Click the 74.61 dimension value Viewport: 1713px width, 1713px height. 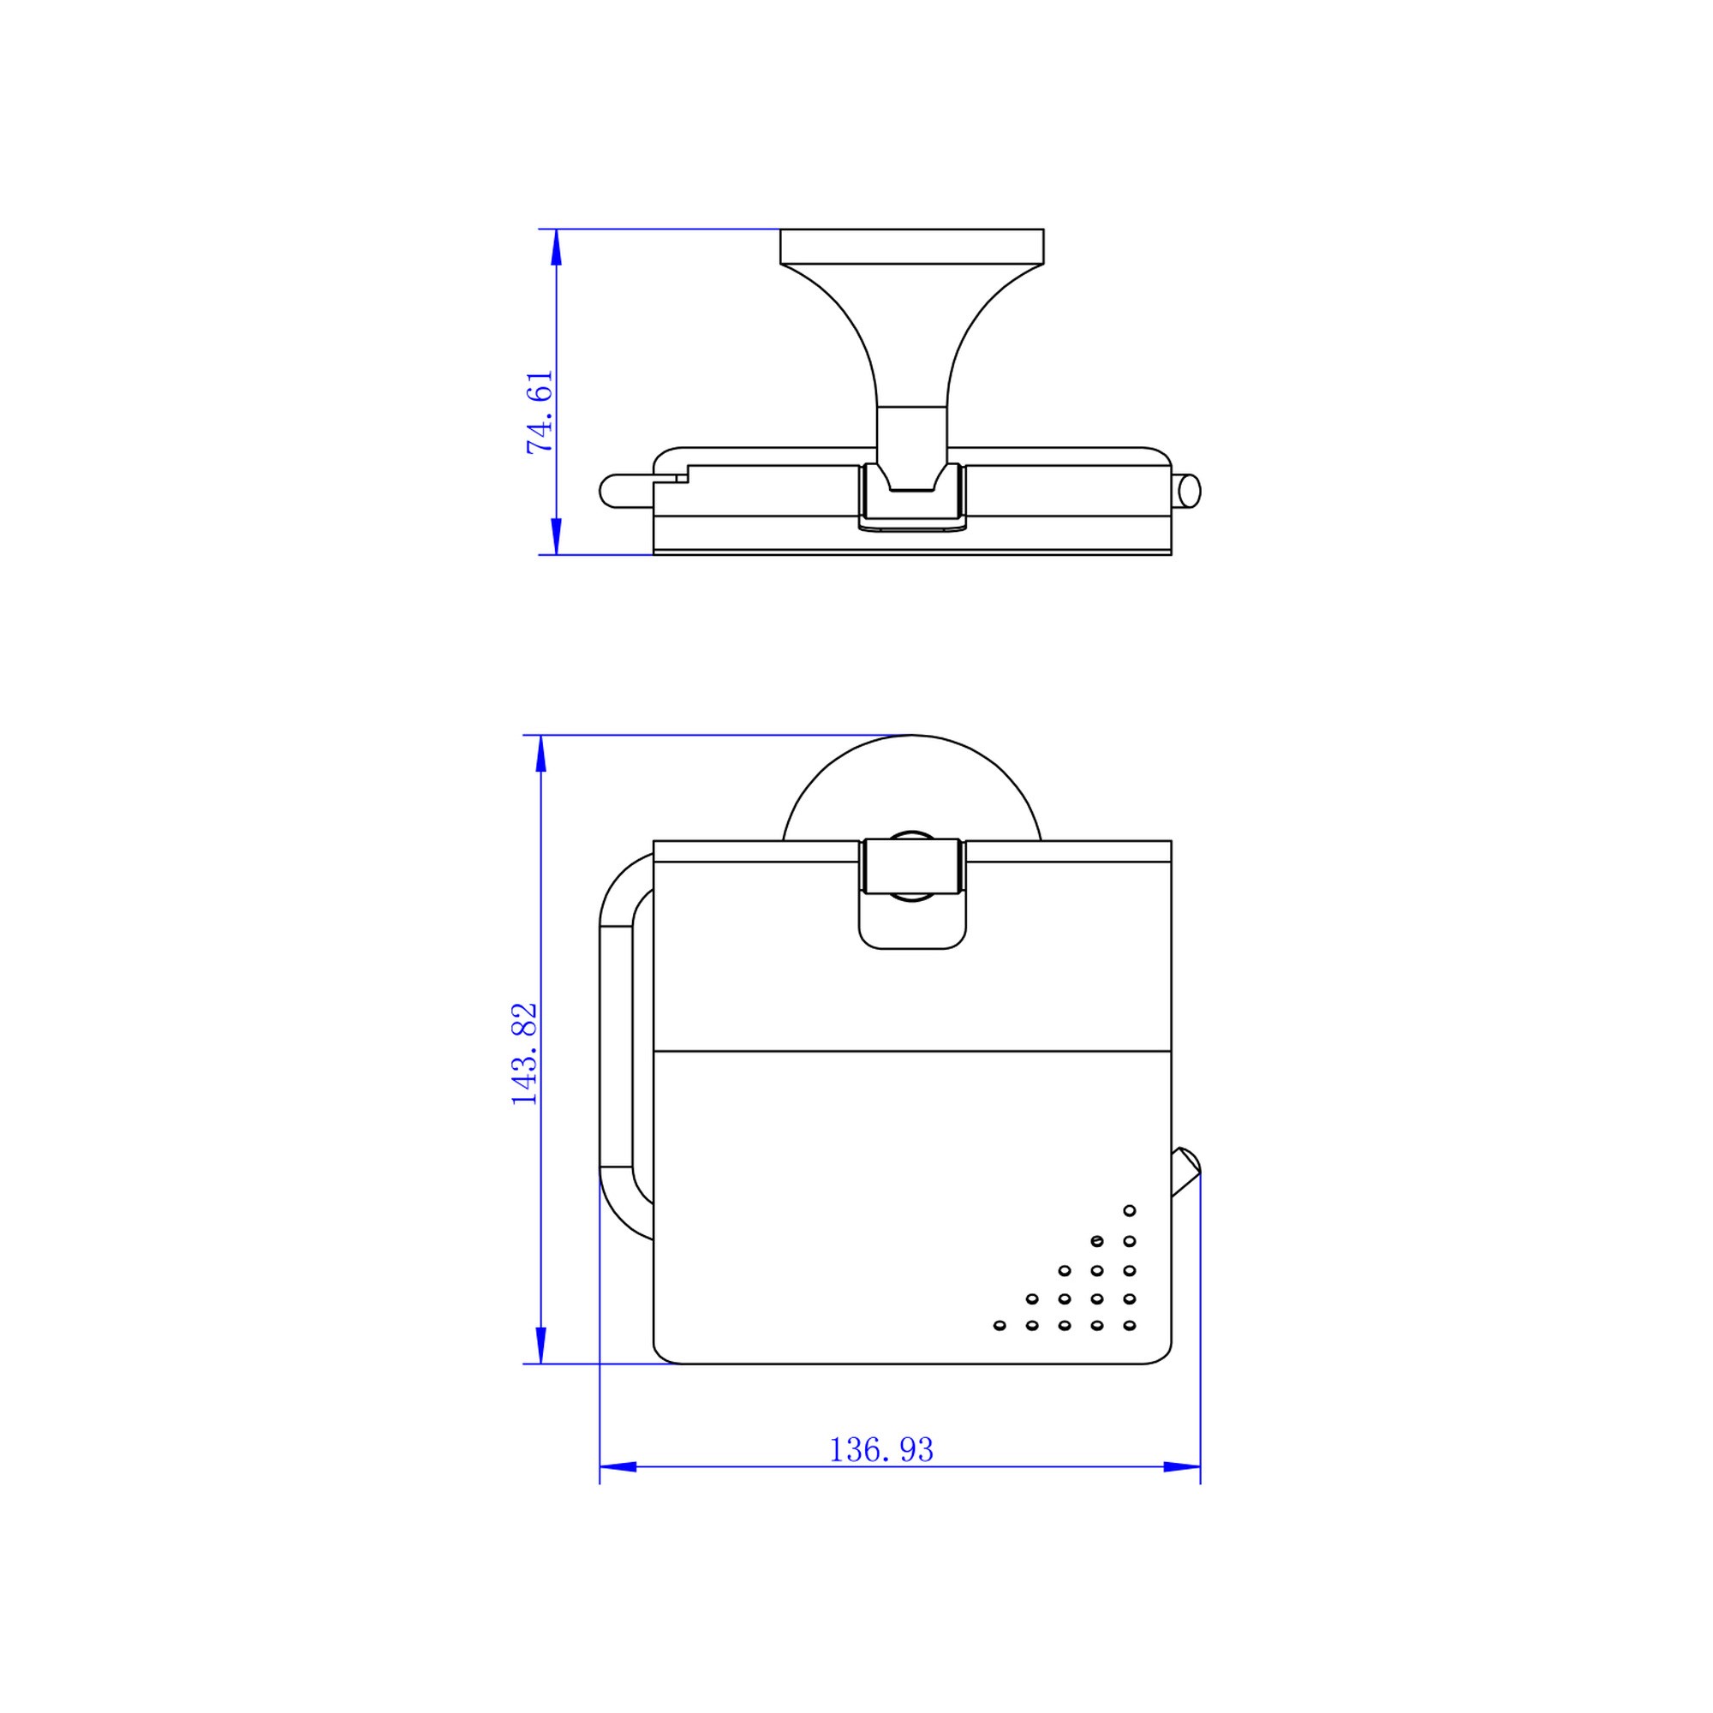click(x=540, y=412)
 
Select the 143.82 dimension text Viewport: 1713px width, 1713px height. click(x=524, y=1053)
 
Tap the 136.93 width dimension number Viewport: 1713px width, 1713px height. click(x=881, y=1450)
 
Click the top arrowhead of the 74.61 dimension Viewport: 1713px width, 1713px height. click(x=556, y=248)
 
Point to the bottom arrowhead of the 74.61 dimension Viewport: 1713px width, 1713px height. click(x=556, y=536)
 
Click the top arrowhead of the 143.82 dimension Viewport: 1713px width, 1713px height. click(x=540, y=754)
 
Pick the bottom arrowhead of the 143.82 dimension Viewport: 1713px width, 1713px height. click(x=540, y=1345)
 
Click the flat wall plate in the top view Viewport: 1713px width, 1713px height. click(x=911, y=247)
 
